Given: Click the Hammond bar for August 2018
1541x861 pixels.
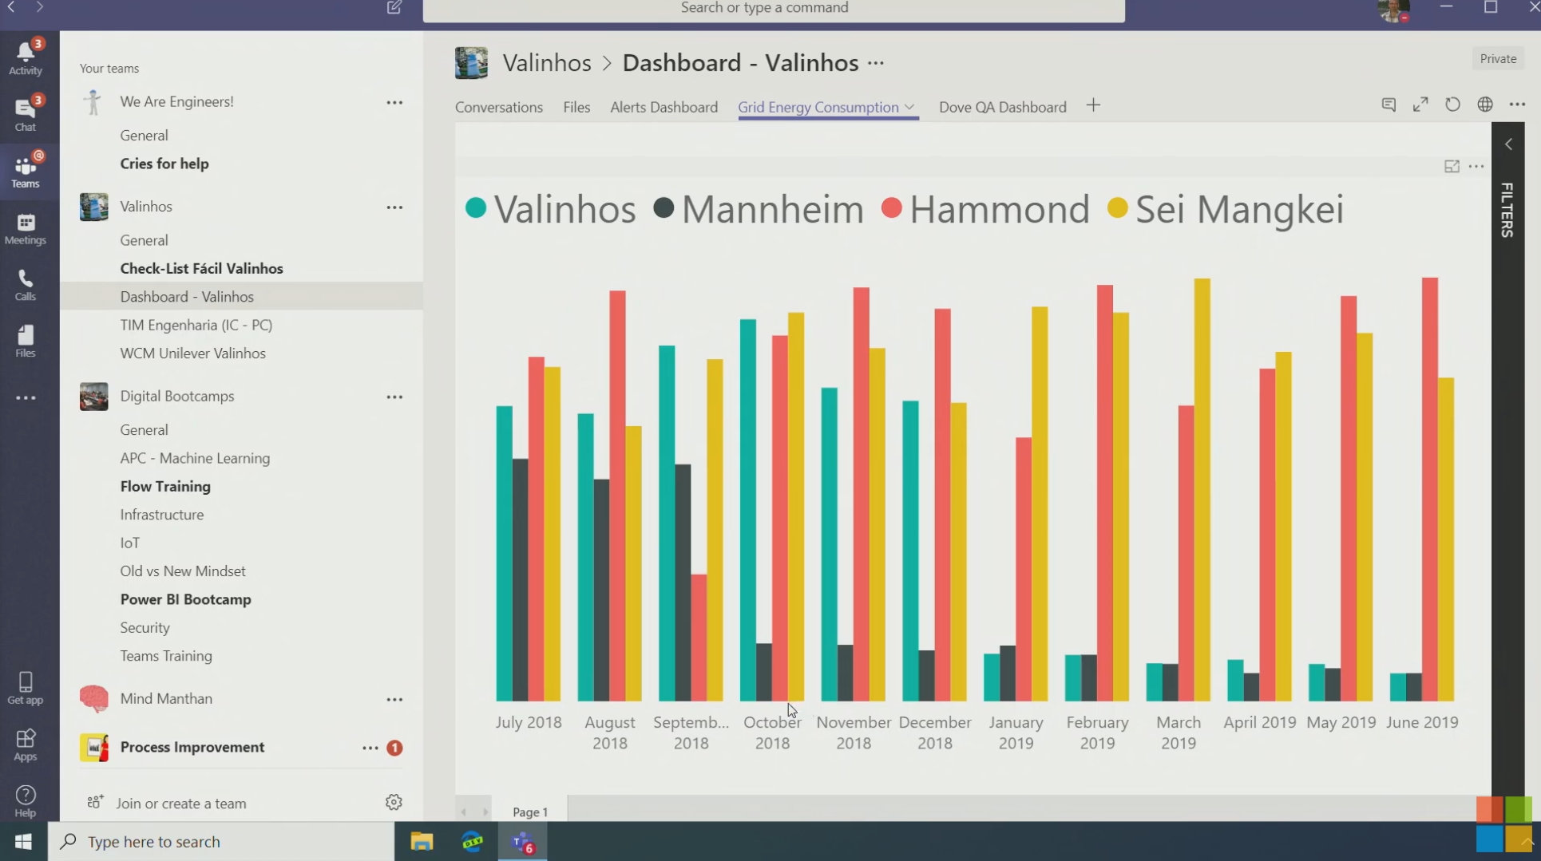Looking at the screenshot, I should (617, 495).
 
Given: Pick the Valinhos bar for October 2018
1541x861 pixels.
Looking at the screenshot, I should (747, 510).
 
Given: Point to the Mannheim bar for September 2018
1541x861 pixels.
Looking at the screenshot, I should (683, 583).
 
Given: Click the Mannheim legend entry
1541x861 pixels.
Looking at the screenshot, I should (758, 209).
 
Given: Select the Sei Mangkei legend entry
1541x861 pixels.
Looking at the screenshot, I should (1226, 209).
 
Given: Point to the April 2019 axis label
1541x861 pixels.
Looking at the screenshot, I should (1259, 722).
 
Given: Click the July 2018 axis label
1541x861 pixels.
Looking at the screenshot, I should (528, 722).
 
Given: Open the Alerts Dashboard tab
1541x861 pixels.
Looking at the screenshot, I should (664, 107).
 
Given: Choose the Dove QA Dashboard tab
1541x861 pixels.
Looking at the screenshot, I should (1002, 107).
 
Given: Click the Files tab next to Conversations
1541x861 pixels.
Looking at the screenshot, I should (576, 107).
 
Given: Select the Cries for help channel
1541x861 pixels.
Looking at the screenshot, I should (164, 164).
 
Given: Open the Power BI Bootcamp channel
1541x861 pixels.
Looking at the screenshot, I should (185, 599).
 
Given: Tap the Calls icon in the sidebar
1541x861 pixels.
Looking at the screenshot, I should (26, 284).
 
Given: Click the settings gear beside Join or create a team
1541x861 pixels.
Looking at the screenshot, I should (394, 802).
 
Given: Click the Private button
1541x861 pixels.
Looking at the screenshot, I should (1497, 58).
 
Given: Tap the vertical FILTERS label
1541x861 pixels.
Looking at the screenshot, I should (1507, 210).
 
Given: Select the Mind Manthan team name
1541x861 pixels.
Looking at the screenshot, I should (166, 698).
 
